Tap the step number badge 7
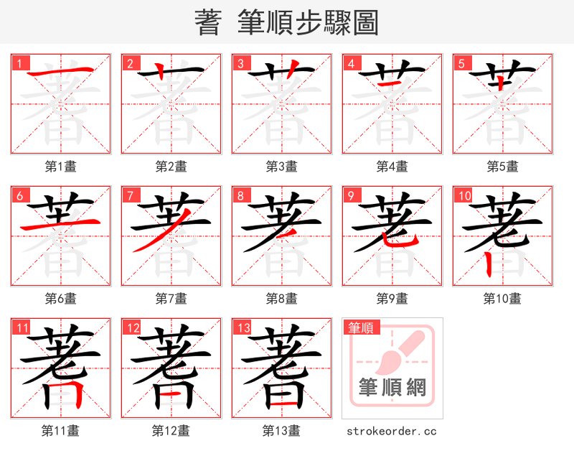pyautogui.click(x=130, y=195)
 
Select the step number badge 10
pyautogui.click(x=464, y=195)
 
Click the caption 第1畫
pyautogui.click(x=61, y=167)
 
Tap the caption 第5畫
pyautogui.click(x=502, y=167)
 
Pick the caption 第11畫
pyautogui.click(x=61, y=431)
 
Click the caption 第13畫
pyautogui.click(x=281, y=431)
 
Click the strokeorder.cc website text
pyautogui.click(x=392, y=432)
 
